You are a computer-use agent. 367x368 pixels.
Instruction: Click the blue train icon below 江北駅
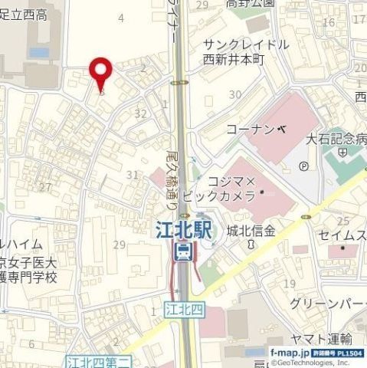point(183,251)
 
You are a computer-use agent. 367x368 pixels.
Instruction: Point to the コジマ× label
point(232,182)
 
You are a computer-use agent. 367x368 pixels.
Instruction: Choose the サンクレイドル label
point(245,44)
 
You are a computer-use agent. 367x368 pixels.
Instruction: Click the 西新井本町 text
point(233,59)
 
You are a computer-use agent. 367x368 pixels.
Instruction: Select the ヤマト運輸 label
point(321,339)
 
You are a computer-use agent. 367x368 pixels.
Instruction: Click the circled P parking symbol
point(303,165)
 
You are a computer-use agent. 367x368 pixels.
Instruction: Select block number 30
point(234,94)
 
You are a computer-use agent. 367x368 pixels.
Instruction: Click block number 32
point(139,113)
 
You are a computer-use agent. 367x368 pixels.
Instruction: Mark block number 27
point(45,186)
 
